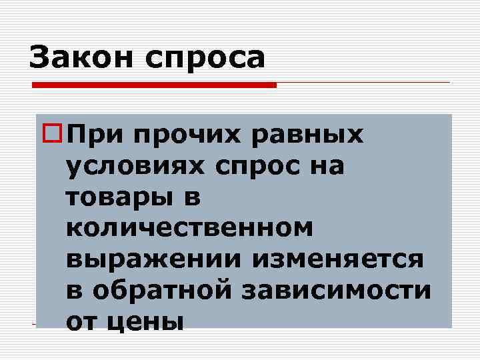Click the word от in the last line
pyautogui.click(x=84, y=321)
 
